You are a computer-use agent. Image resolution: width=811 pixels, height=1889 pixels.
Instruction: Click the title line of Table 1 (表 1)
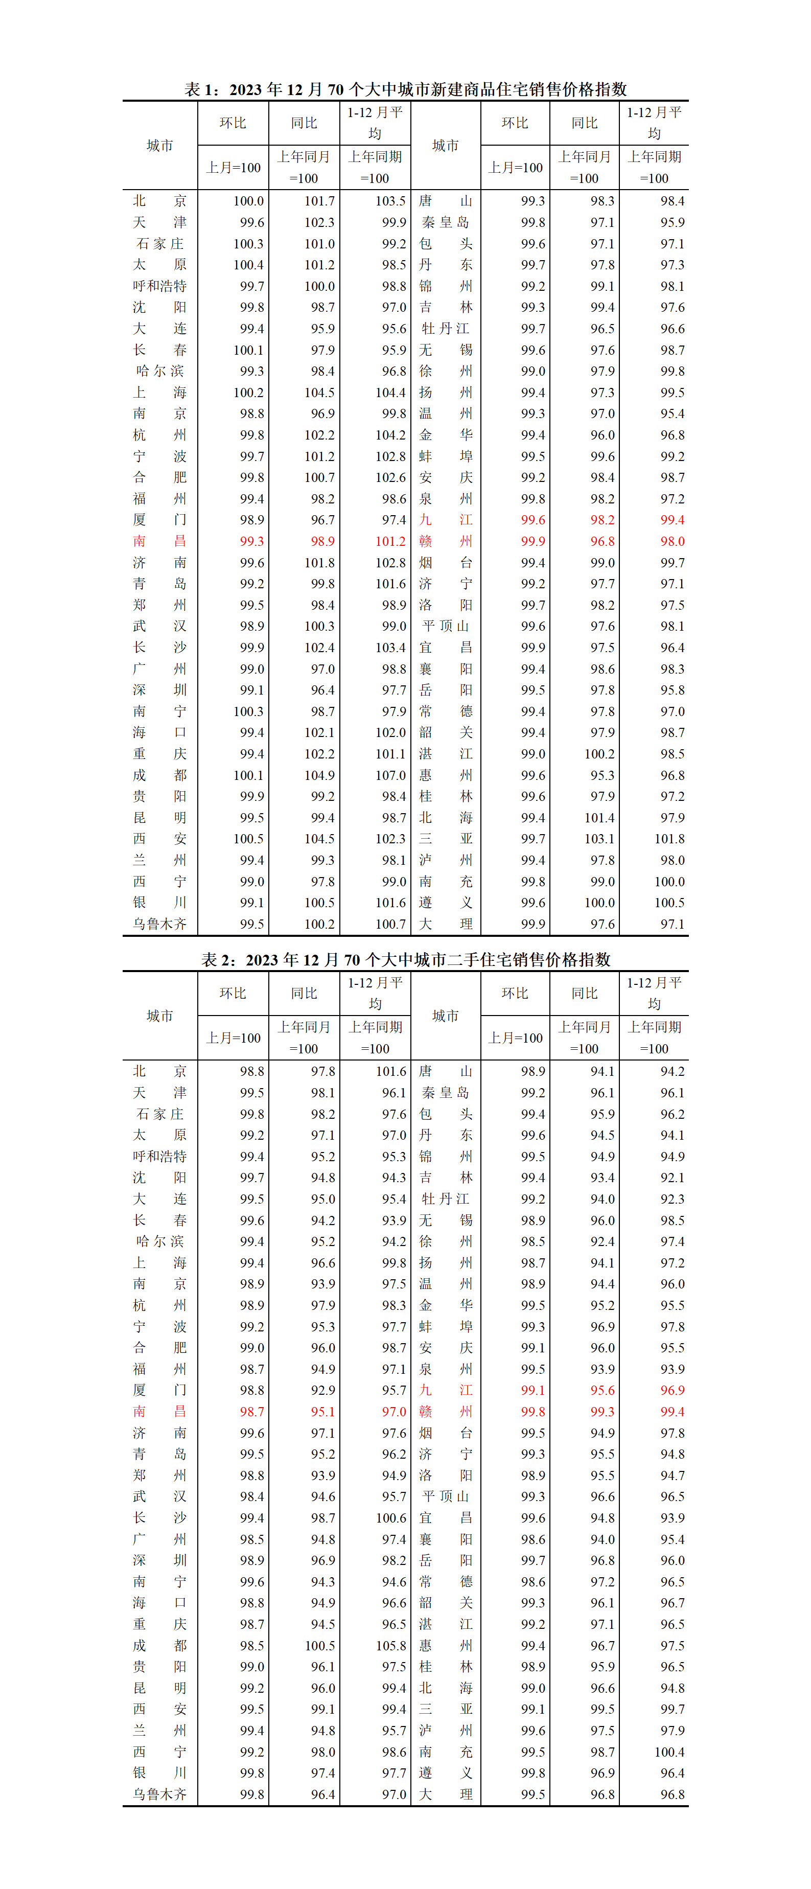[x=406, y=89]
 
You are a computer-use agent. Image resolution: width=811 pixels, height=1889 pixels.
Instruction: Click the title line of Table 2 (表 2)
[x=406, y=959]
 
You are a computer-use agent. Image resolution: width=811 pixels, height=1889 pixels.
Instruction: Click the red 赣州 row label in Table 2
[x=445, y=1412]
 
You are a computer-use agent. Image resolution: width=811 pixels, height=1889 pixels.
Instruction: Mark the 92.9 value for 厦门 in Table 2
[x=322, y=1390]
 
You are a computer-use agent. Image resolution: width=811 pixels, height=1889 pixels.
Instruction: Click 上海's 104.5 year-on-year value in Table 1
[x=320, y=393]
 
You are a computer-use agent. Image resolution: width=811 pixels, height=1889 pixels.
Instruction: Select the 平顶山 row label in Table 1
[x=445, y=626]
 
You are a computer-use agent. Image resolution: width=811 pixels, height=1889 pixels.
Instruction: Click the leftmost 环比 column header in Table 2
[x=233, y=993]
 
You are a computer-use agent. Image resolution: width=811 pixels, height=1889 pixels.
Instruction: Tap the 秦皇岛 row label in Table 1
[x=445, y=222]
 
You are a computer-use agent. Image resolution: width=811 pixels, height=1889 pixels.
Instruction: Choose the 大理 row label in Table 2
[x=445, y=1794]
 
